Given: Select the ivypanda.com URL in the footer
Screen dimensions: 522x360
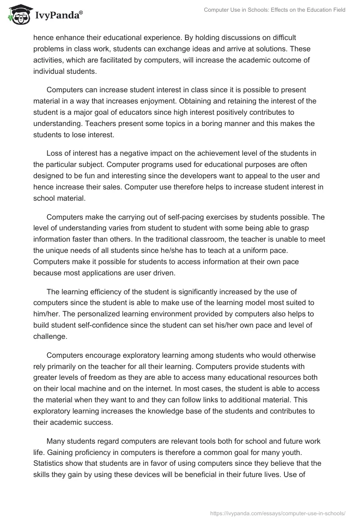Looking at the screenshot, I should click(x=278, y=513).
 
